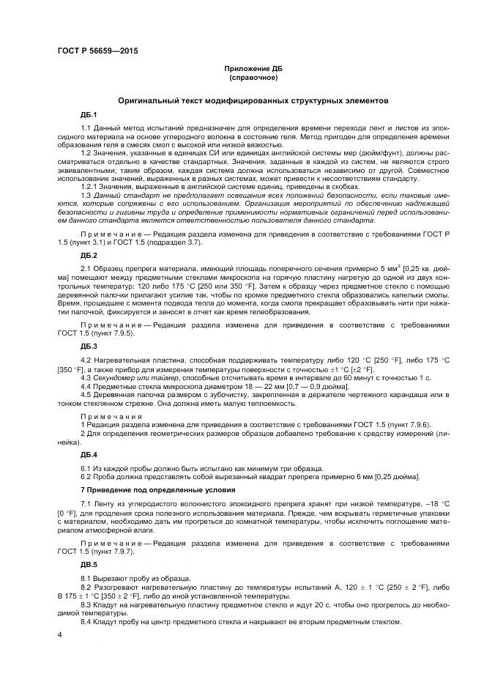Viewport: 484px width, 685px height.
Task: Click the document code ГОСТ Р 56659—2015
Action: coord(97,51)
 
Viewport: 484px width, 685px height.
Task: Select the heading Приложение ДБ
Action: coord(250,68)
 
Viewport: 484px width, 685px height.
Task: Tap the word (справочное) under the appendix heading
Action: coord(250,77)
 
